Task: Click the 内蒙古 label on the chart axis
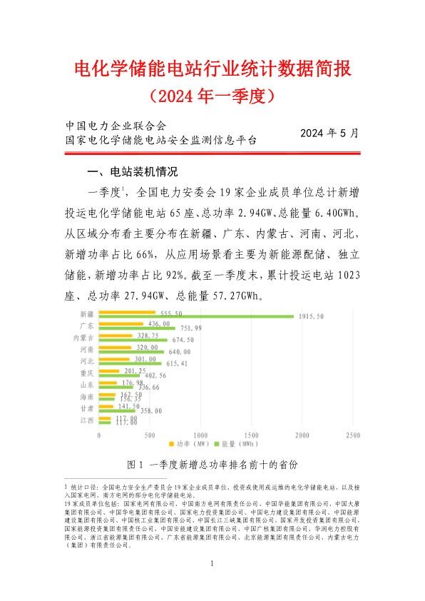tap(85, 337)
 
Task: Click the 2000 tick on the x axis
tap(302, 435)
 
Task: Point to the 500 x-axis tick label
tap(150, 435)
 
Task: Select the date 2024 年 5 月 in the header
tap(329, 133)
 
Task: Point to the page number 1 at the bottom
tap(212, 565)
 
